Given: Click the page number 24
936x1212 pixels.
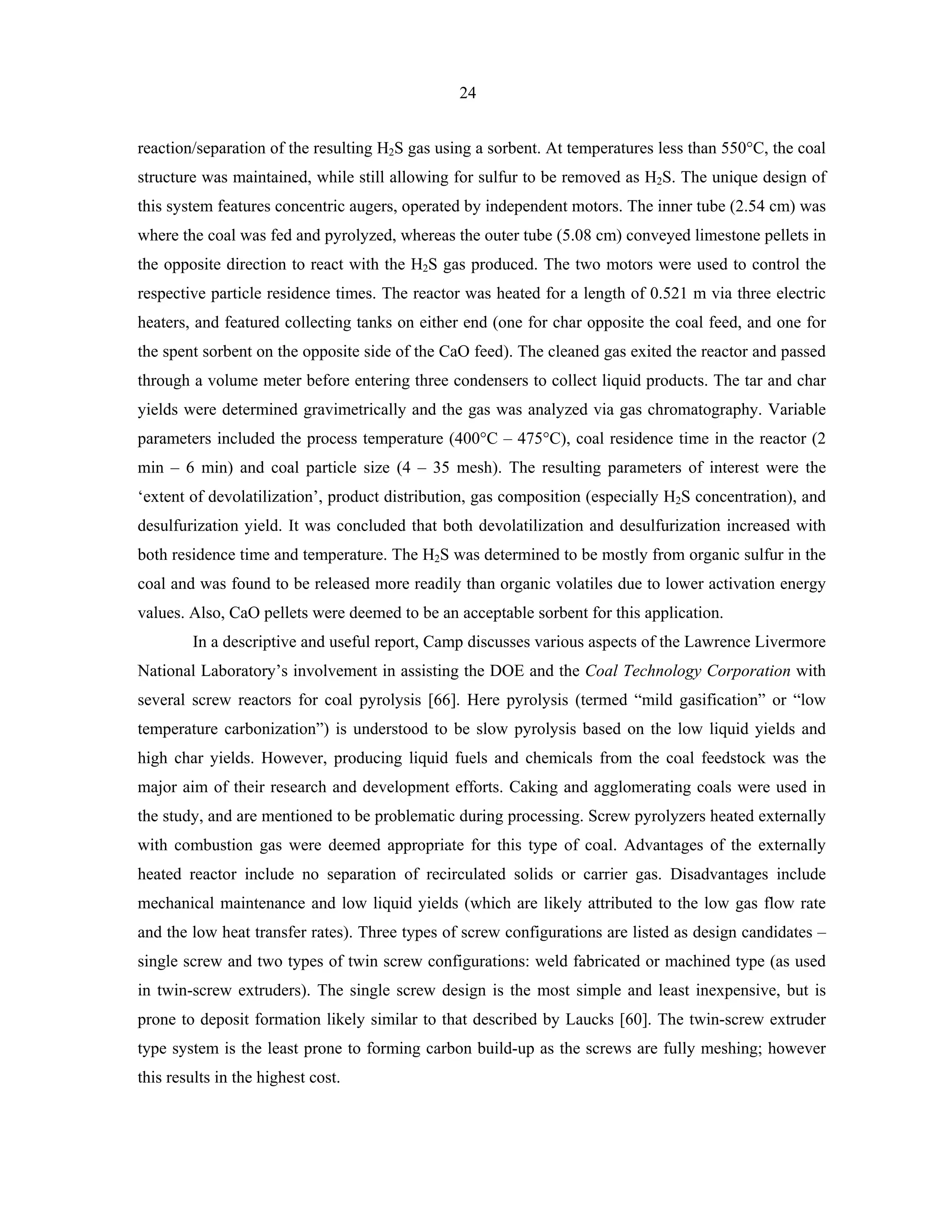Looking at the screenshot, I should pyautogui.click(x=468, y=93).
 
